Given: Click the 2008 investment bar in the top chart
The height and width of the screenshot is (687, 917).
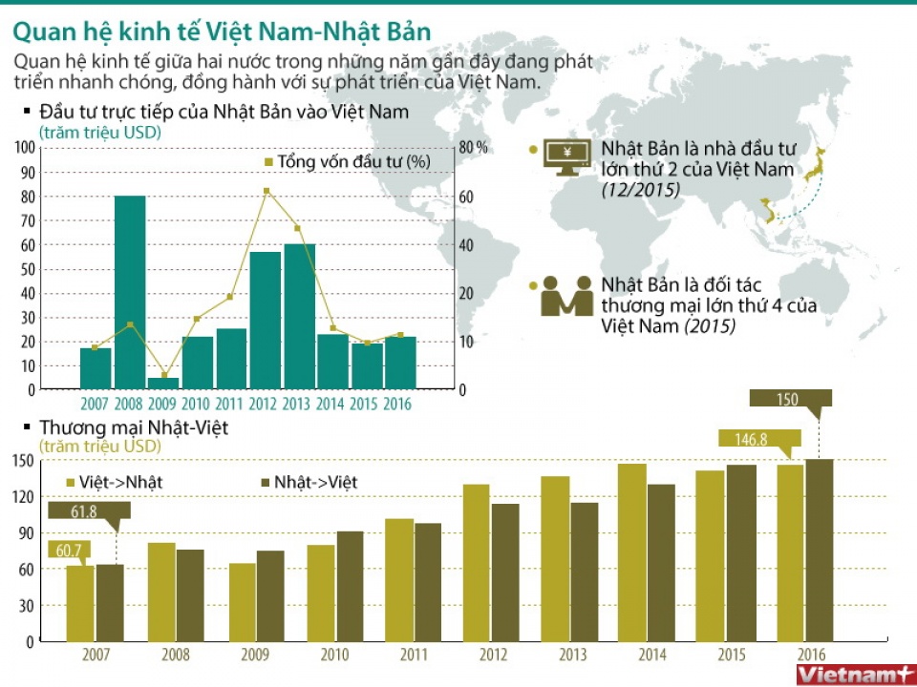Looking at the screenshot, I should (130, 292).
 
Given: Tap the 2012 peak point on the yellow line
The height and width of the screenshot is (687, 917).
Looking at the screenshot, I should (266, 191).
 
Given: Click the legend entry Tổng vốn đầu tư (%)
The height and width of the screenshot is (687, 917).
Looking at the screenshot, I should (348, 161).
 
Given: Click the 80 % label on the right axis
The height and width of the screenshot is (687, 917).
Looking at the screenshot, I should (474, 148).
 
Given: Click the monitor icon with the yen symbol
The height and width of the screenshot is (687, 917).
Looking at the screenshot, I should (565, 157).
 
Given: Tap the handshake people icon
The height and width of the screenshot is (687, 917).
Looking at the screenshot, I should (566, 296).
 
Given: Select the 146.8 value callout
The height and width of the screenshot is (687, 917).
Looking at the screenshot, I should (759, 439).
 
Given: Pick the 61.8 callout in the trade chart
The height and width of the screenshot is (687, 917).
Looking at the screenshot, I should (84, 512).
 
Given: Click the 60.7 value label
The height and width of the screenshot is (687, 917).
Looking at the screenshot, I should (68, 550).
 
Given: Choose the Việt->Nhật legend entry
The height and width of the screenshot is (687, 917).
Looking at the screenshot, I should (114, 482).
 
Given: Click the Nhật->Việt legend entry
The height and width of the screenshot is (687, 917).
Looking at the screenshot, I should (308, 482).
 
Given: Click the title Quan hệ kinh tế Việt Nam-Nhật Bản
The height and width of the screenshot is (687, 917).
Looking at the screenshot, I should (222, 31).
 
